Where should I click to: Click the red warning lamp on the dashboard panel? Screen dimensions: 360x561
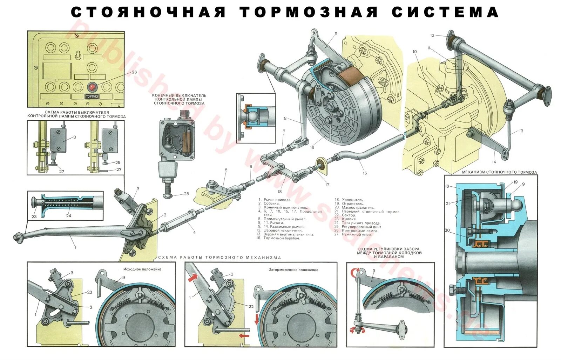[92, 86]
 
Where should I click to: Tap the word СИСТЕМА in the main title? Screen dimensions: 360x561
[445, 12]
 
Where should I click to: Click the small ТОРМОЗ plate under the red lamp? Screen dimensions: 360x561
[92, 96]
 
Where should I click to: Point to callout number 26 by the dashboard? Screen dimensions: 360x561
[134, 72]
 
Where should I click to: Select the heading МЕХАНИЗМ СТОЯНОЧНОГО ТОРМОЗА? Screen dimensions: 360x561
[499, 172]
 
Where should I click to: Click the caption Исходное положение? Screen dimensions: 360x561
[142, 269]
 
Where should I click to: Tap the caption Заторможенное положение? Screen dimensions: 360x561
[293, 270]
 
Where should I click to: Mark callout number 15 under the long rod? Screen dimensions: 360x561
[365, 173]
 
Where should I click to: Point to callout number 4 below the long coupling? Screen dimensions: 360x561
[194, 232]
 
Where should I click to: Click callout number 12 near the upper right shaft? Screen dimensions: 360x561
[432, 35]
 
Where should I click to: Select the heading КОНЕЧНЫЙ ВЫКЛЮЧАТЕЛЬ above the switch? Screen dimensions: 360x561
[179, 95]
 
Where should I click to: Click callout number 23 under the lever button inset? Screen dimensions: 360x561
[34, 216]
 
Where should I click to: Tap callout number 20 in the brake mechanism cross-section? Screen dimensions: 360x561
[447, 231]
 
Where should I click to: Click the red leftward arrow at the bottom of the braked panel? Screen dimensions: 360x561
[244, 336]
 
